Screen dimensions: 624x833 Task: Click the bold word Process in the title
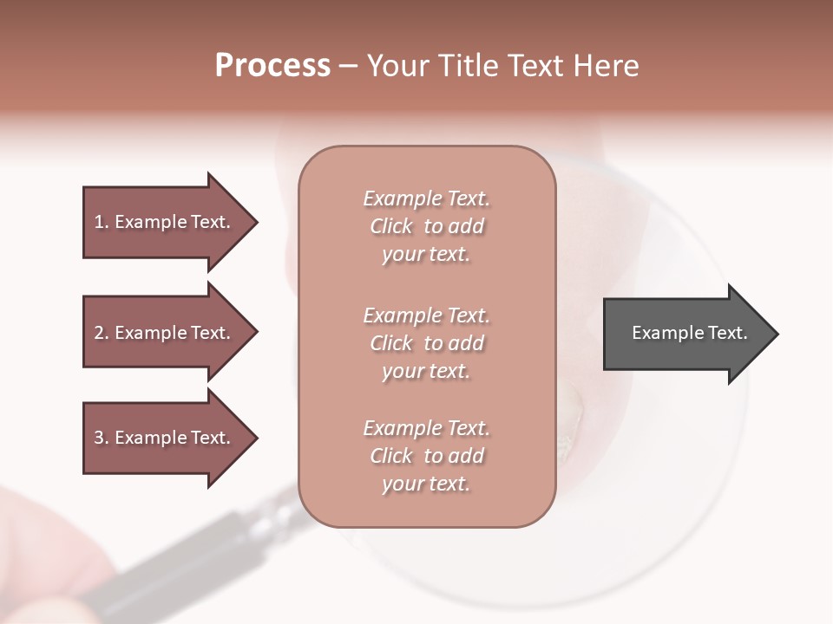pyautogui.click(x=272, y=66)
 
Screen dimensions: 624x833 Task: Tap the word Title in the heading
pyautogui.click(x=469, y=66)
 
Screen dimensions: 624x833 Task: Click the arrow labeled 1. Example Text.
pyautogui.click(x=165, y=222)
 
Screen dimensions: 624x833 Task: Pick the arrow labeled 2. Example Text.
pyautogui.click(x=165, y=333)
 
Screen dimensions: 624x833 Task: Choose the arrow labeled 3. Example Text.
pyautogui.click(x=165, y=438)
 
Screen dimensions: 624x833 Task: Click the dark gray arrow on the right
pyautogui.click(x=685, y=334)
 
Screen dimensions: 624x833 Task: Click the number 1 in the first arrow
pyautogui.click(x=99, y=222)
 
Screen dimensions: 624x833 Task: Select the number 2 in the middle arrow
pyautogui.click(x=99, y=333)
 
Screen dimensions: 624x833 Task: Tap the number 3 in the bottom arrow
pyautogui.click(x=99, y=438)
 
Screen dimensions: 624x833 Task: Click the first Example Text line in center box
pyautogui.click(x=426, y=198)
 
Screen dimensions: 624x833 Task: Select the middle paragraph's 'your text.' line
pyautogui.click(x=426, y=371)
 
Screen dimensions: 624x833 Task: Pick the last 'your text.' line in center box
pyautogui.click(x=426, y=484)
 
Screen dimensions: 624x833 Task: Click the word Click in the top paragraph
pyautogui.click(x=391, y=226)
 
